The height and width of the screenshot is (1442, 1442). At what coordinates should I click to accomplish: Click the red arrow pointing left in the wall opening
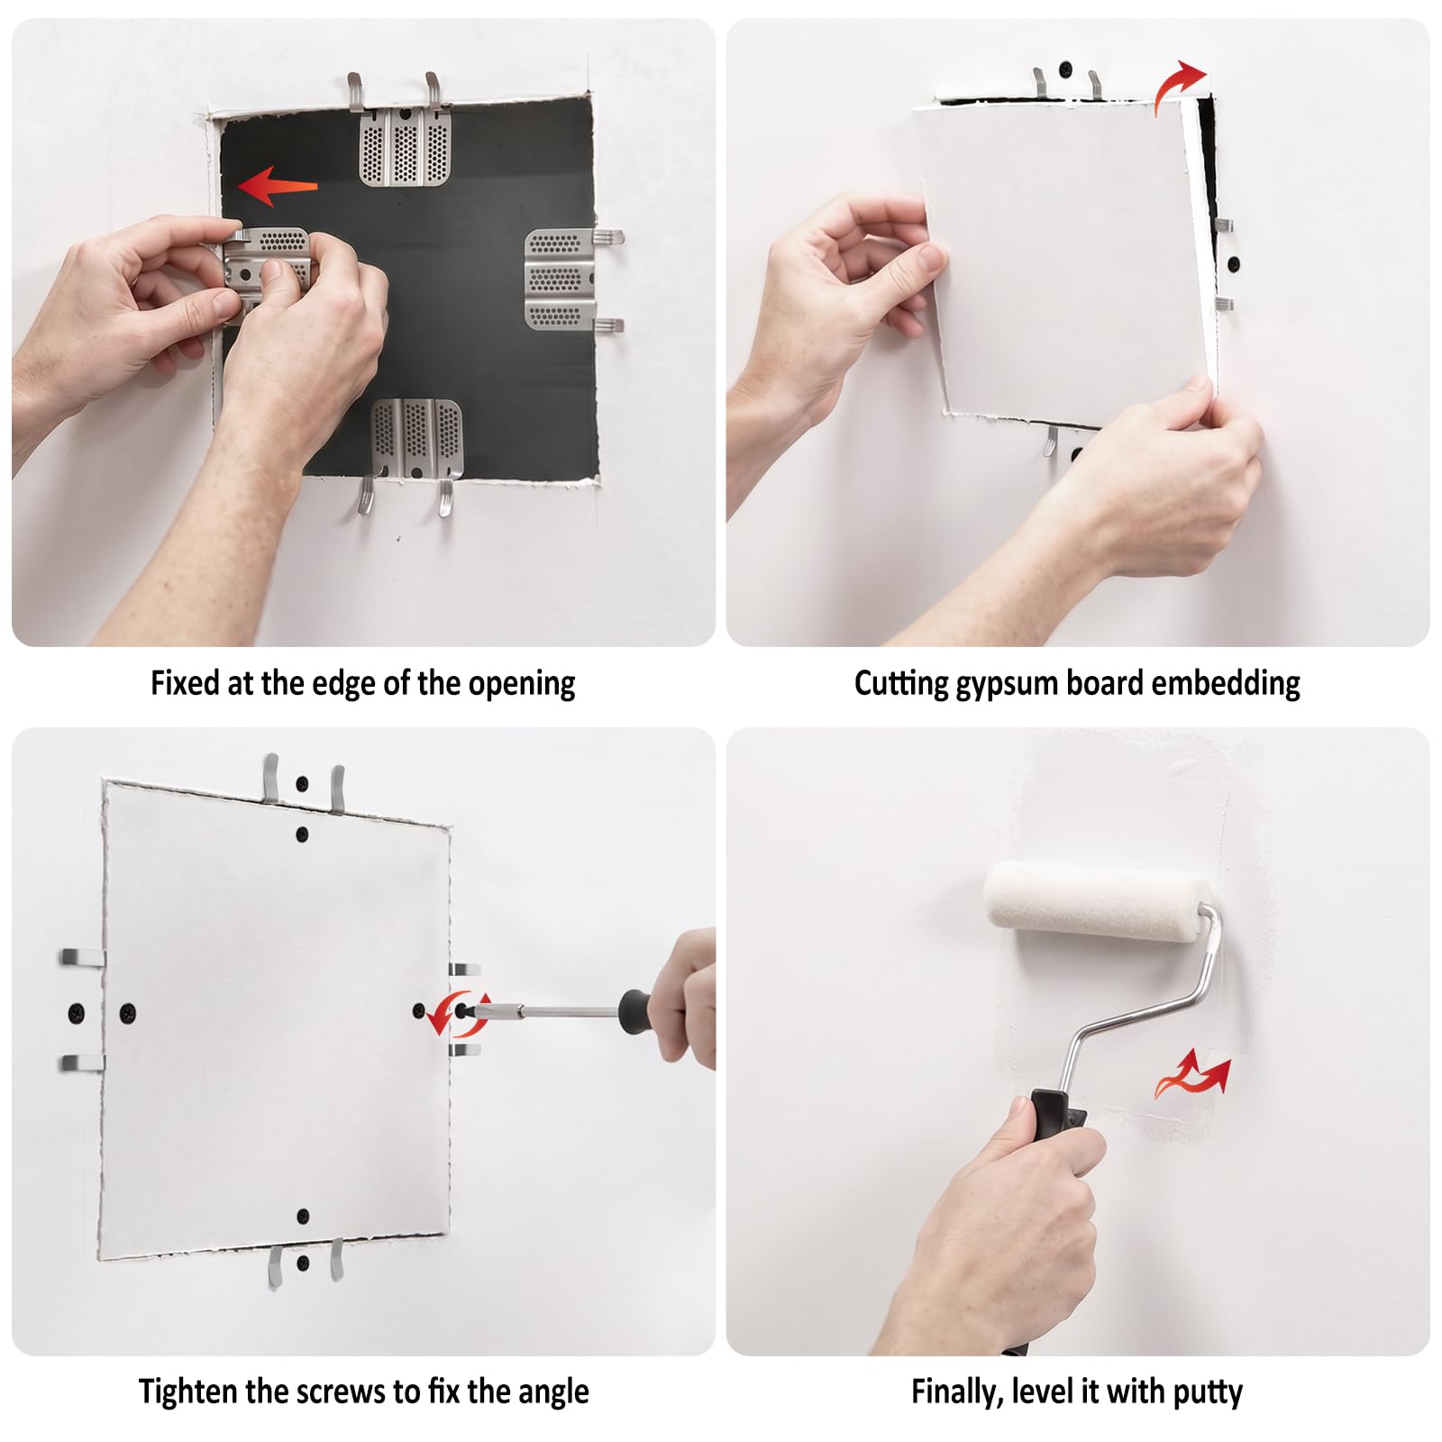click(x=278, y=187)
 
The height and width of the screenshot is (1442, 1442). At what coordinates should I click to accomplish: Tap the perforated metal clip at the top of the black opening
click(x=405, y=145)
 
